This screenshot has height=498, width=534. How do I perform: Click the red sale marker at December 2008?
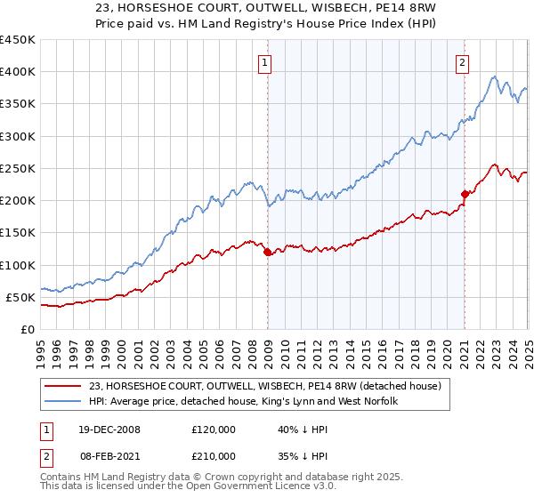(268, 253)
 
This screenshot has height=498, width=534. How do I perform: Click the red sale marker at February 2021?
(465, 194)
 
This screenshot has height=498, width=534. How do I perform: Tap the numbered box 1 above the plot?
(267, 62)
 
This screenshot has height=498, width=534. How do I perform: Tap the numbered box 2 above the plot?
(464, 62)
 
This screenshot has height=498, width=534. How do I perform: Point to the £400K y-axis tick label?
(17, 72)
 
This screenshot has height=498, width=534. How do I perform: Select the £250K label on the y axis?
(17, 168)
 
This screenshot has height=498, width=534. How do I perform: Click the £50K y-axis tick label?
(20, 297)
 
